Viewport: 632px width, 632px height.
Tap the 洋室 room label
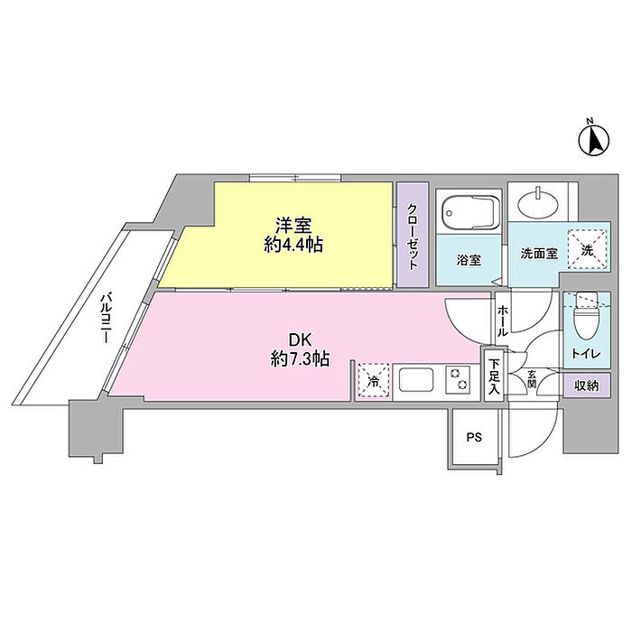pos(293,226)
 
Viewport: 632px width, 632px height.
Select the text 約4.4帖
pos(293,245)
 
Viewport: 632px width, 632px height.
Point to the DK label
pos(301,340)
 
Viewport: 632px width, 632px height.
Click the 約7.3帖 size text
pos(301,358)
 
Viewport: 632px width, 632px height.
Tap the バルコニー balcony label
pos(106,319)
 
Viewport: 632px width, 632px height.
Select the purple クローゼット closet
pos(413,235)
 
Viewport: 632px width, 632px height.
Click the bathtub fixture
pos(470,212)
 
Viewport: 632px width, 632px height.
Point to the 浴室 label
pos(469,260)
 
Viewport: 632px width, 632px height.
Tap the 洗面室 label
pos(539,254)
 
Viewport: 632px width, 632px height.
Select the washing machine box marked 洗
pos(587,249)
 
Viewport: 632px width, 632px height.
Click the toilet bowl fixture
pos(587,320)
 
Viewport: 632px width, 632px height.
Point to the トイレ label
pos(586,354)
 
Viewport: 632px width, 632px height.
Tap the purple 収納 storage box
pos(587,386)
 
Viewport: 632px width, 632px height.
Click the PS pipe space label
pos(474,437)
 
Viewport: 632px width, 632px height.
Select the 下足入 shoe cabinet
pos(494,375)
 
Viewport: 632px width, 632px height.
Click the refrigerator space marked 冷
pos(375,380)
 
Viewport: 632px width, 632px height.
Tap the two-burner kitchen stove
pos(458,380)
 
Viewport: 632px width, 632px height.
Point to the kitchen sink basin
pos(416,380)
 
